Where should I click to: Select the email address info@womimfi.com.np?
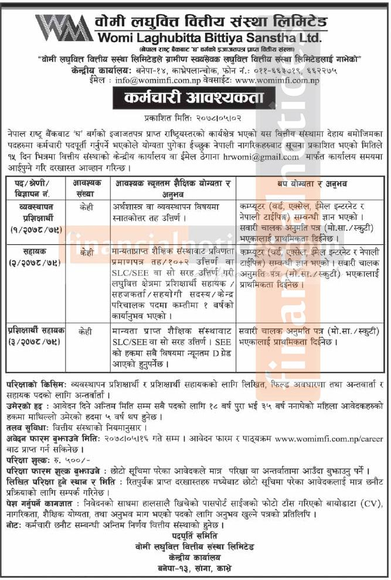click(x=154, y=80)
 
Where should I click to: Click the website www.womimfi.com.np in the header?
click(x=276, y=80)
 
